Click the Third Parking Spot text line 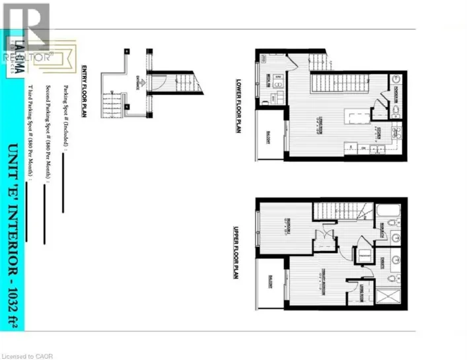point(29,132)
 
